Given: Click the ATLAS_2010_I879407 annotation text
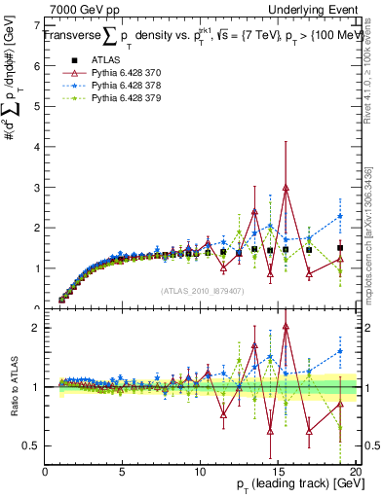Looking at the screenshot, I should coord(202,289).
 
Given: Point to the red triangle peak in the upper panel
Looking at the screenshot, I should coord(286,188).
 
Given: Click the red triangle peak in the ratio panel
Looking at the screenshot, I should coord(286,327).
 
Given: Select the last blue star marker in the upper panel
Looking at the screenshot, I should coord(340,216).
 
